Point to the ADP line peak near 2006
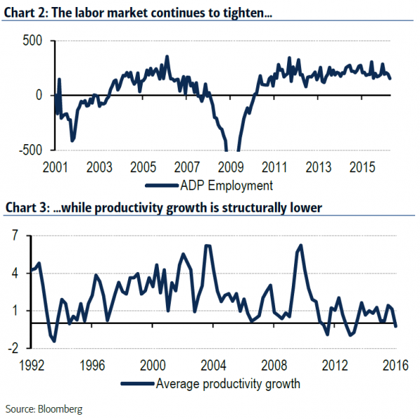[x=167, y=57]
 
